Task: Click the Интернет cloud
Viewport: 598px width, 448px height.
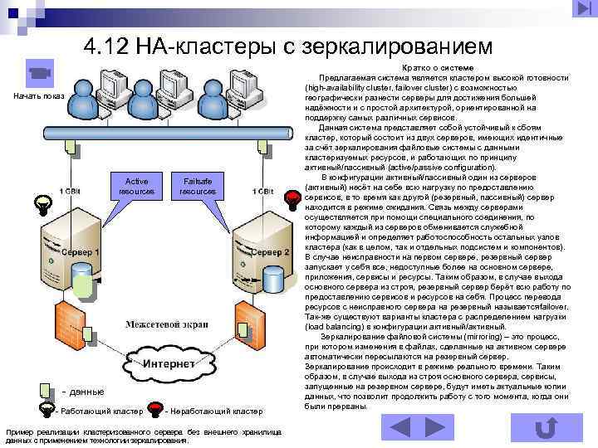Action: coord(167,365)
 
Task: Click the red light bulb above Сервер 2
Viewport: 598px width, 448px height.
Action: coord(293,198)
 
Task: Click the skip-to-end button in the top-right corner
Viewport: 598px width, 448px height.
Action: coord(581,8)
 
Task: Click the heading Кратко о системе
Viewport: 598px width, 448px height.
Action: coord(438,67)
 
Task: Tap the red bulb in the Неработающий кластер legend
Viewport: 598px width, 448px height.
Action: coord(155,409)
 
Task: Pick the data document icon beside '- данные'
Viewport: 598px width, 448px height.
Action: coord(48,389)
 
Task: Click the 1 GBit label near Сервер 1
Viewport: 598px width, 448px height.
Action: coord(71,191)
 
